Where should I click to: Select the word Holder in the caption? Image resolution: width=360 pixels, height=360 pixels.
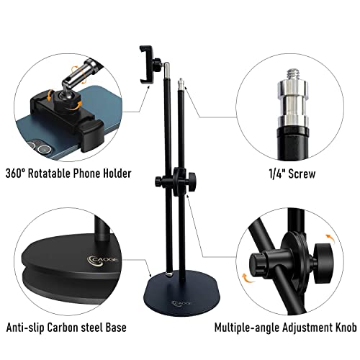click(x=117, y=173)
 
